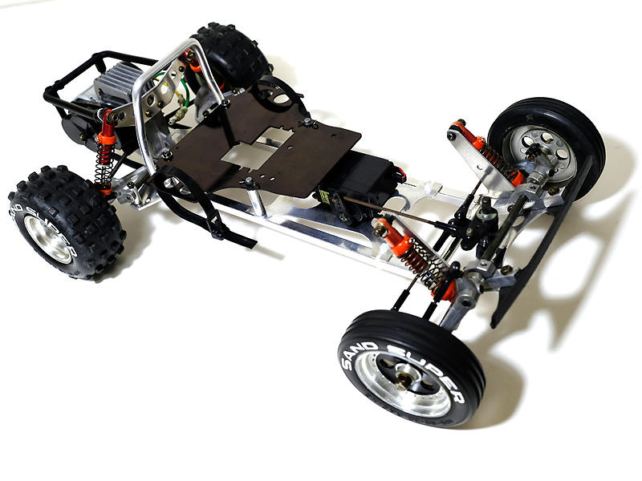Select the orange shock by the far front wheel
click(x=481, y=148)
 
